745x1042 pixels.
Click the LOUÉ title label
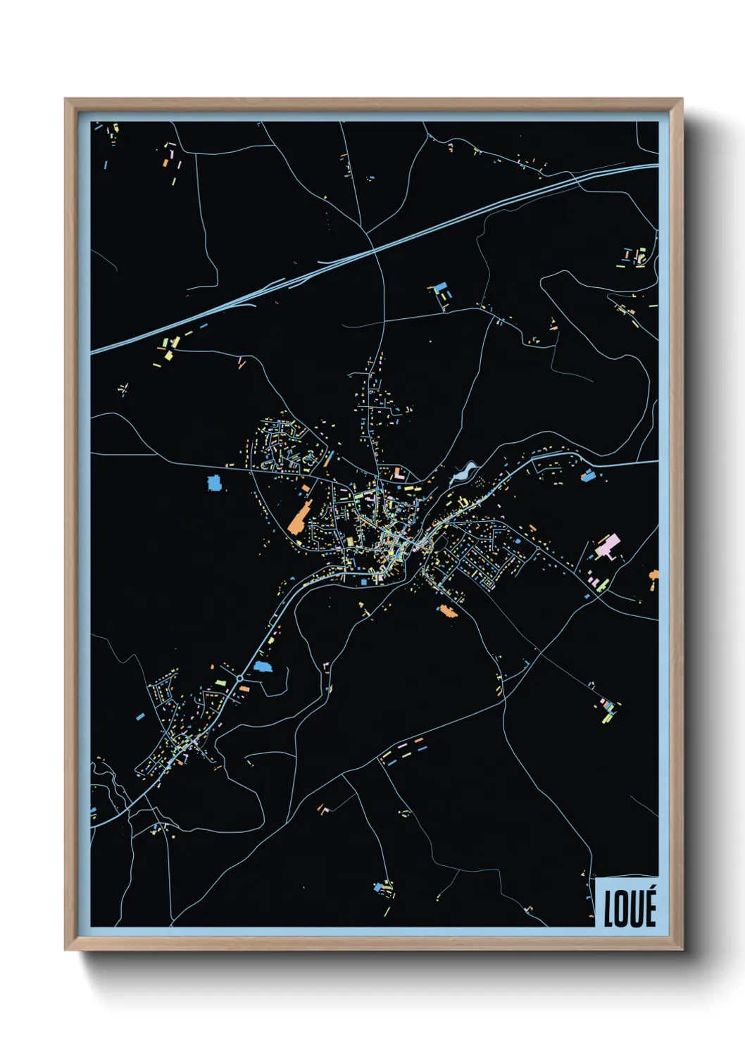[630, 908]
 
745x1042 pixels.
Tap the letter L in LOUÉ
[609, 909]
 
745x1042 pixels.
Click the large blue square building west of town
[214, 483]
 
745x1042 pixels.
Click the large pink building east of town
[608, 545]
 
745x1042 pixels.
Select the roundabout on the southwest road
[240, 677]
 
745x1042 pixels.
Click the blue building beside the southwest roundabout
[263, 666]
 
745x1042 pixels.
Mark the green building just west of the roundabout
[220, 682]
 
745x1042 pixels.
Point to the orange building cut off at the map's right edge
[653, 579]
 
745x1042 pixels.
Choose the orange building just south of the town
[448, 611]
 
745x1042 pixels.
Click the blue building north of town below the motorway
[441, 288]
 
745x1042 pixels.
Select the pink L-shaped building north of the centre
[399, 473]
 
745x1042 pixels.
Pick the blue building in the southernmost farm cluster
[381, 886]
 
